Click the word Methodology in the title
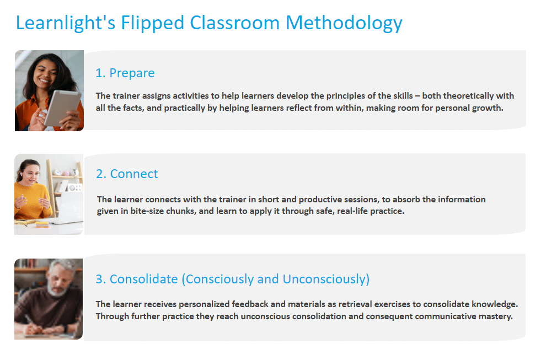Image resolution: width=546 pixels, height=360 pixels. coord(344,23)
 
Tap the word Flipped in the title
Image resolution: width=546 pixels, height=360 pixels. coord(152,23)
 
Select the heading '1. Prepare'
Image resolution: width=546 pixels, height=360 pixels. coord(125,73)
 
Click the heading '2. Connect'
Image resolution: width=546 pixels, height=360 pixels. coord(127,174)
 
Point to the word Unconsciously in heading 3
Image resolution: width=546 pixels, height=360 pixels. coord(326,279)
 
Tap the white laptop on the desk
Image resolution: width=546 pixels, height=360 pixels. coord(68,207)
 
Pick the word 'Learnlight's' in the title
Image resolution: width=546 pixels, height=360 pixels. coord(66,23)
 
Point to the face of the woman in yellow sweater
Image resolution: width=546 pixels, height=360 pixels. coord(31,173)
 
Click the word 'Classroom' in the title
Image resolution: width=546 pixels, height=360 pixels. coord(235,23)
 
